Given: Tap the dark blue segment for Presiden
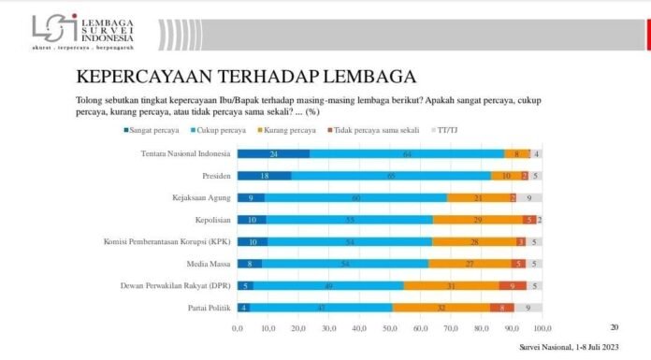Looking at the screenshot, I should tap(264, 176).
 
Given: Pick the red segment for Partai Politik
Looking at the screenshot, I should tap(502, 307).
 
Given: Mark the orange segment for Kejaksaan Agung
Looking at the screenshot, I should tap(478, 198).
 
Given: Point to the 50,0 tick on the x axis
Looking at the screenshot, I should tap(389, 329).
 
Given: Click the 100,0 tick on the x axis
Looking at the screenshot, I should tap(541, 329).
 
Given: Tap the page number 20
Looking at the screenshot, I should tap(615, 327).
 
